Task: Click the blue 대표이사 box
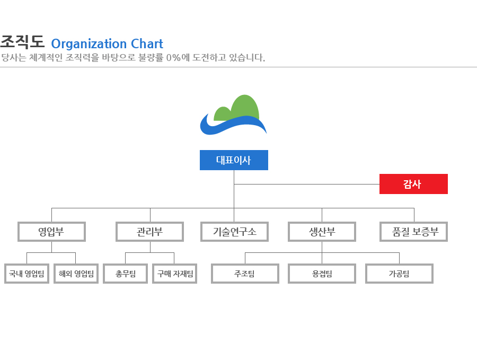point(234,160)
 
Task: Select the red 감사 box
point(413,184)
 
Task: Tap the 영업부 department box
point(52,232)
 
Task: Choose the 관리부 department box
point(149,232)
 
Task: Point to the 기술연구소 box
point(235,232)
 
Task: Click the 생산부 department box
point(322,232)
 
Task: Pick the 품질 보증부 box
point(414,232)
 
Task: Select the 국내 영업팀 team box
point(27,274)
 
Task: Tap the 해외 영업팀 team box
point(76,274)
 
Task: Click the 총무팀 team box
point(125,274)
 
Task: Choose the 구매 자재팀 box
point(174,274)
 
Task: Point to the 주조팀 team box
point(245,274)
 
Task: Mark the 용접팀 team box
point(322,274)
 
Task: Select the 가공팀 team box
point(399,274)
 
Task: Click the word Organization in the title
point(89,44)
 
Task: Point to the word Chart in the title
point(147,44)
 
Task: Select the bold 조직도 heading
point(22,42)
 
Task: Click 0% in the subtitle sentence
point(173,57)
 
